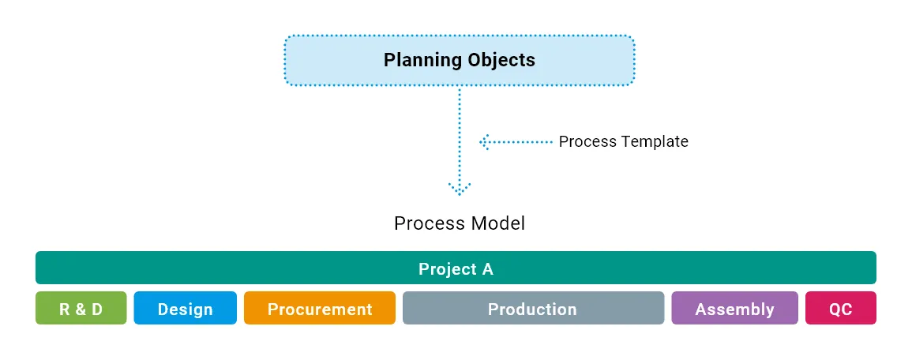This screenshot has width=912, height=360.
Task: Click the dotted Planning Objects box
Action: pyautogui.click(x=460, y=61)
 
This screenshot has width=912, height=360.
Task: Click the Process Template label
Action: pyautogui.click(x=624, y=141)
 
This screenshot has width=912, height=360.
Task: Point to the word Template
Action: pyautogui.click(x=655, y=141)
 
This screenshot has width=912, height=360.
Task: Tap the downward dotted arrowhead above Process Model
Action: pyautogui.click(x=460, y=189)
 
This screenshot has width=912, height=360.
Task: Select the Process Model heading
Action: pyautogui.click(x=460, y=223)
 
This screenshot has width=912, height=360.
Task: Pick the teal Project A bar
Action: pyautogui.click(x=456, y=268)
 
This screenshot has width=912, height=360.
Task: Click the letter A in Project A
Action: pyautogui.click(x=488, y=269)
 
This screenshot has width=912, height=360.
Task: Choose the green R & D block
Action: pyautogui.click(x=81, y=308)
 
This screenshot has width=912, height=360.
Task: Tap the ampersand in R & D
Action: pyautogui.click(x=81, y=309)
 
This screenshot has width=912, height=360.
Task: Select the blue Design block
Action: pyautogui.click(x=186, y=308)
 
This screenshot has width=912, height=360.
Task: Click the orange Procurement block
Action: pyautogui.click(x=320, y=308)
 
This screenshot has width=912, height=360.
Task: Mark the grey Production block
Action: pyautogui.click(x=533, y=308)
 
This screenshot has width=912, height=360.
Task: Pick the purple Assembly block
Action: pyautogui.click(x=734, y=308)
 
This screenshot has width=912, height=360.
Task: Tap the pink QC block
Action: pyautogui.click(x=841, y=308)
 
